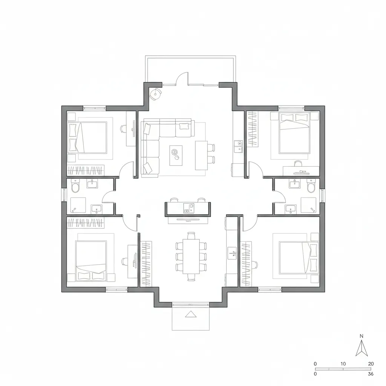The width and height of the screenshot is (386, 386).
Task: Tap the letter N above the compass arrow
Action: (x=361, y=336)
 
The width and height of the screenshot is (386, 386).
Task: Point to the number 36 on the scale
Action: (x=371, y=374)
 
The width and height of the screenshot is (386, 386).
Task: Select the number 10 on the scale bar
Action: (x=343, y=364)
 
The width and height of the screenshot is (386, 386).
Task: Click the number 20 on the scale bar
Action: (x=371, y=364)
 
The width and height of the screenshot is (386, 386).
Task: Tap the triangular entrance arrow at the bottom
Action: (x=191, y=314)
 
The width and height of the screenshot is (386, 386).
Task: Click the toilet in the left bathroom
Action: (x=75, y=187)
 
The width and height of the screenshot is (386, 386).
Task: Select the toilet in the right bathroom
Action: (x=311, y=187)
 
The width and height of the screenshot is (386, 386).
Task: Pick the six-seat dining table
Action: (x=191, y=256)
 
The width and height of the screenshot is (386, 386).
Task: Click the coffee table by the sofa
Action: (x=176, y=155)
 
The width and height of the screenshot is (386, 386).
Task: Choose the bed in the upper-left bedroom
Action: (x=88, y=137)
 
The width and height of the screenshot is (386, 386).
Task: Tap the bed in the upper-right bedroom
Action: (x=294, y=133)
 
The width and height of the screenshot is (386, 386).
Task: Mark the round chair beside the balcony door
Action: (x=155, y=93)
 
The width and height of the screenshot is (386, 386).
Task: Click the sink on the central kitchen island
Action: (x=188, y=207)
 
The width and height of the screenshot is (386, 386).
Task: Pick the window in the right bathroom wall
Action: (x=322, y=195)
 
